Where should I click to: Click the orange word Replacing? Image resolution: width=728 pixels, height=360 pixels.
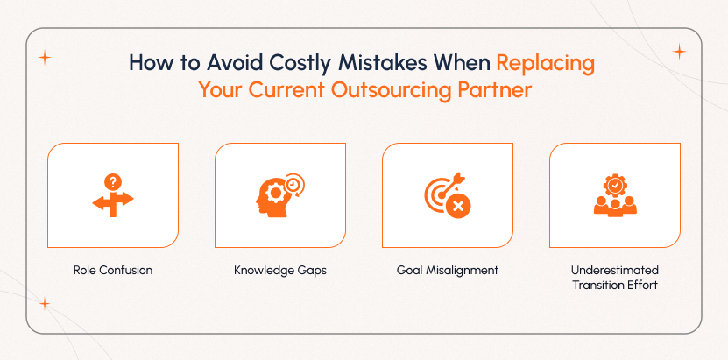click(x=546, y=63)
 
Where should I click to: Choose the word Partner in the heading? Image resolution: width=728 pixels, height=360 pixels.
click(x=494, y=91)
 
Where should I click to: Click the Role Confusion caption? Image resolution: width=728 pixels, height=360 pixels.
click(x=113, y=271)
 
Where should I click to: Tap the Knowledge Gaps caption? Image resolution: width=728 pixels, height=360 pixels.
click(x=280, y=271)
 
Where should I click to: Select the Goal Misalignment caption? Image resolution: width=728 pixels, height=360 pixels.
click(x=448, y=271)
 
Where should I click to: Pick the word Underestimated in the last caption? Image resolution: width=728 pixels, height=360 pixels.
click(x=615, y=270)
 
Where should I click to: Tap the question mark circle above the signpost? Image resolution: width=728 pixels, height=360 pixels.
click(x=112, y=182)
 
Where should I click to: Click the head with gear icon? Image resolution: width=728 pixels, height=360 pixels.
click(x=279, y=194)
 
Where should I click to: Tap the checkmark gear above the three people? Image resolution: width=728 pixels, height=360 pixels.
click(x=615, y=186)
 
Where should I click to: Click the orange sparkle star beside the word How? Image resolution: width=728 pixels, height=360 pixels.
click(x=45, y=58)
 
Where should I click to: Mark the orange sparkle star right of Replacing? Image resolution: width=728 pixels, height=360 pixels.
click(x=678, y=52)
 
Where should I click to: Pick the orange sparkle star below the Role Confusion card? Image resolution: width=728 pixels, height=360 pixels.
click(x=44, y=303)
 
